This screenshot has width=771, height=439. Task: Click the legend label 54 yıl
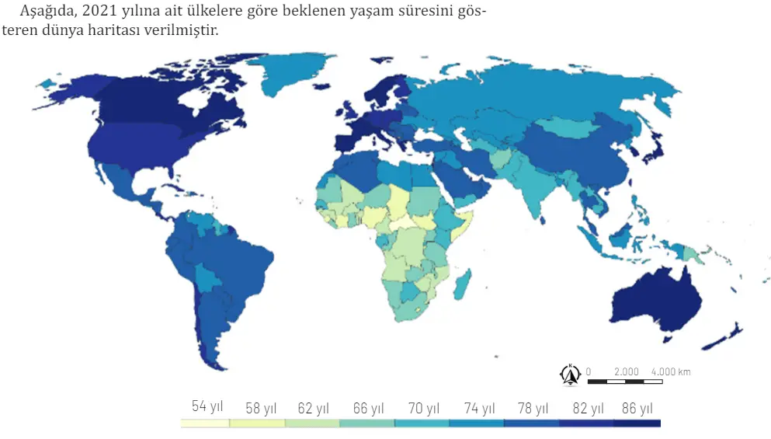(x=207, y=406)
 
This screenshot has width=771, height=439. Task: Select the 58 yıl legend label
(x=261, y=409)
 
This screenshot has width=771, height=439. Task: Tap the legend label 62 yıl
(x=314, y=409)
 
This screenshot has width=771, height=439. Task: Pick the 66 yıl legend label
(x=368, y=409)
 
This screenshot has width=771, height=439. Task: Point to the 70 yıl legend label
(x=423, y=409)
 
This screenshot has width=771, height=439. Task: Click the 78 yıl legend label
(x=532, y=409)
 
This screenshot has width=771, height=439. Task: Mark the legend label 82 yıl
(x=587, y=409)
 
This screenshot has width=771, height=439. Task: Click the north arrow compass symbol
(x=570, y=375)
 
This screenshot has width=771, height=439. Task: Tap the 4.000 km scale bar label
(x=671, y=371)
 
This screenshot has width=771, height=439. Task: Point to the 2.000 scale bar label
(x=626, y=371)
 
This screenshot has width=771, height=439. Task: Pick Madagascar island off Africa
(x=461, y=287)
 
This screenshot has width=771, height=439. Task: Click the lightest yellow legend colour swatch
(x=205, y=423)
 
